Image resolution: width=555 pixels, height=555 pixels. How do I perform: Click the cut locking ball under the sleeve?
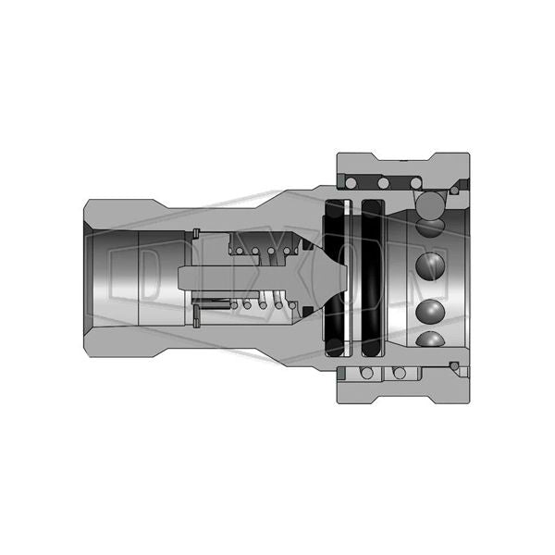coord(430,206)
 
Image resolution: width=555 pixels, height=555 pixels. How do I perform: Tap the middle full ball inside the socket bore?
coord(430,266)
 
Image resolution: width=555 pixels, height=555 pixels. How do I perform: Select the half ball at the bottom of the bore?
coord(430,339)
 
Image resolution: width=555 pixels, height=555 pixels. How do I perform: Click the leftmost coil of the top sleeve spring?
coord(351,183)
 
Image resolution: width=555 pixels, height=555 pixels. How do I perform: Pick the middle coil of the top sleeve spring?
coord(383,183)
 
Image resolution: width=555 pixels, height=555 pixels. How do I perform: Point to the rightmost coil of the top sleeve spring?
coord(416,183)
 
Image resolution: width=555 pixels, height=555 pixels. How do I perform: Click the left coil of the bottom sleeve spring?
coord(367,373)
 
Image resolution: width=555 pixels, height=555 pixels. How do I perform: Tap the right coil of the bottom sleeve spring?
coord(400,373)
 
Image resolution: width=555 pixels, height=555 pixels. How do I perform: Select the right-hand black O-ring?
coord(373,278)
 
